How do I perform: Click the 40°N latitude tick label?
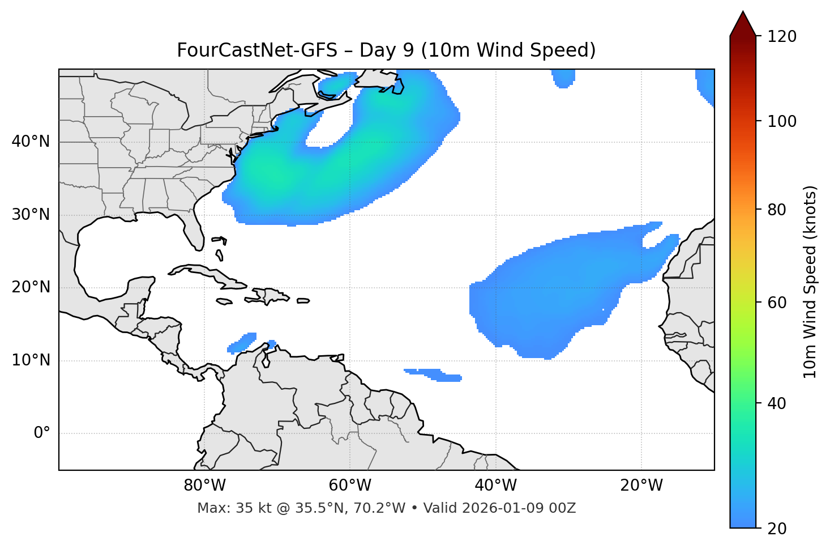point(31,142)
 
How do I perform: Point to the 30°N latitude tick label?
point(31,215)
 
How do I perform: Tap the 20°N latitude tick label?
point(31,287)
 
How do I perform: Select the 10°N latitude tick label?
point(31,360)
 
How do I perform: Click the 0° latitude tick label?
point(41,433)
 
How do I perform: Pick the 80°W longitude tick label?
point(204,486)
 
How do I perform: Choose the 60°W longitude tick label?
point(350,486)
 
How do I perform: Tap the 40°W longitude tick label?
point(495,486)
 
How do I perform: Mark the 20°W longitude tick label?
point(641,486)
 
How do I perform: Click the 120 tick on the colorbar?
point(782,37)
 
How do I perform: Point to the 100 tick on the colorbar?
point(782,121)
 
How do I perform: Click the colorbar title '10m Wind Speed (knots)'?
point(810,282)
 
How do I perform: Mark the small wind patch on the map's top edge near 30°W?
point(563,78)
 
